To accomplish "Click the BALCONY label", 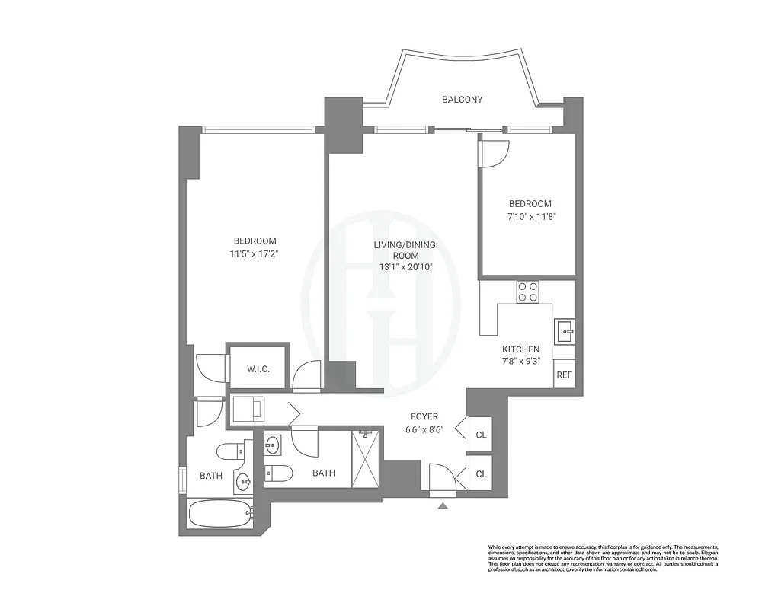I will point(462,100).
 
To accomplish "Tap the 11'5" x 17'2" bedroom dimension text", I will point(255,254).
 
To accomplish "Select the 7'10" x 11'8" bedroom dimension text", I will point(530,217).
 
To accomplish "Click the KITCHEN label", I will point(542,349).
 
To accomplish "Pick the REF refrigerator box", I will point(564,375).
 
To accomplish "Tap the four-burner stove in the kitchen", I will point(527,292).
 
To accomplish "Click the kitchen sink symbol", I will point(564,330).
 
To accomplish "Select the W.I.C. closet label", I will point(258,369).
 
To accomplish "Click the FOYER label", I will point(424,416).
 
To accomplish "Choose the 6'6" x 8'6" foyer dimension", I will point(424,429).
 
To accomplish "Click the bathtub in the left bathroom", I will point(220,514).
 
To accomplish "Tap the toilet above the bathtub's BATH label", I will point(229,453).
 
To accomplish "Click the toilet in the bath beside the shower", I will point(278,473).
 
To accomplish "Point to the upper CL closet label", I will point(481,435).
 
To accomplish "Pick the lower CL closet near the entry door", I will point(481,473).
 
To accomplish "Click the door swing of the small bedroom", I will point(491,154).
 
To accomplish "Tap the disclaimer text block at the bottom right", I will point(602,558).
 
